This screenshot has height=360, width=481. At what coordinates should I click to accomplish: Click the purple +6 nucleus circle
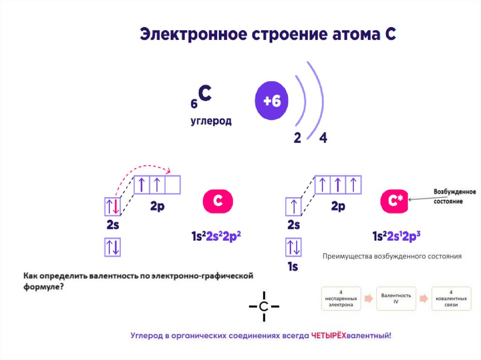272,102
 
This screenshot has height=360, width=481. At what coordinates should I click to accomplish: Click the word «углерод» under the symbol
211,121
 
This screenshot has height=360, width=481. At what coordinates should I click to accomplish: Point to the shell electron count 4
323,138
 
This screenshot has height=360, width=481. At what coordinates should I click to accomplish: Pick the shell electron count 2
297,138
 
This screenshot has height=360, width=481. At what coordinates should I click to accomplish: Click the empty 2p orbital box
173,184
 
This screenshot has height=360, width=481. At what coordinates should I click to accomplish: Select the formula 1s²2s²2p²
214,237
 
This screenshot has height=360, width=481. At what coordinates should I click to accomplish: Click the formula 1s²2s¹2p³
396,237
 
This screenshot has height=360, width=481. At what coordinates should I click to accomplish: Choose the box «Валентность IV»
396,298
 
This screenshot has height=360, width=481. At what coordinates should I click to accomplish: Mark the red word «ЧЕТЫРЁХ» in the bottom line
328,336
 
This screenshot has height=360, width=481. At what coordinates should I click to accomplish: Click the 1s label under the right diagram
293,267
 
